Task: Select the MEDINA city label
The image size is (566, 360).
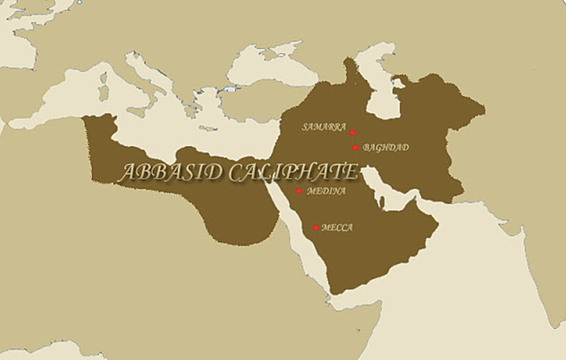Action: point(325,190)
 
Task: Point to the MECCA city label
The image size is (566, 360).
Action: point(337,227)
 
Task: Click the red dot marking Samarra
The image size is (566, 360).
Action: point(353,133)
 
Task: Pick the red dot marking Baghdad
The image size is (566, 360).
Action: point(356,148)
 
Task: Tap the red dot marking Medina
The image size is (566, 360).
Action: point(299,191)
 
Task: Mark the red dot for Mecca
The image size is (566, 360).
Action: point(316,227)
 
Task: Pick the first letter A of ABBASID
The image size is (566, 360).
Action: point(126,173)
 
